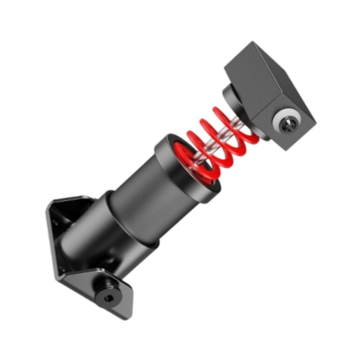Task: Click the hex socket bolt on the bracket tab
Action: [107, 295]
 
